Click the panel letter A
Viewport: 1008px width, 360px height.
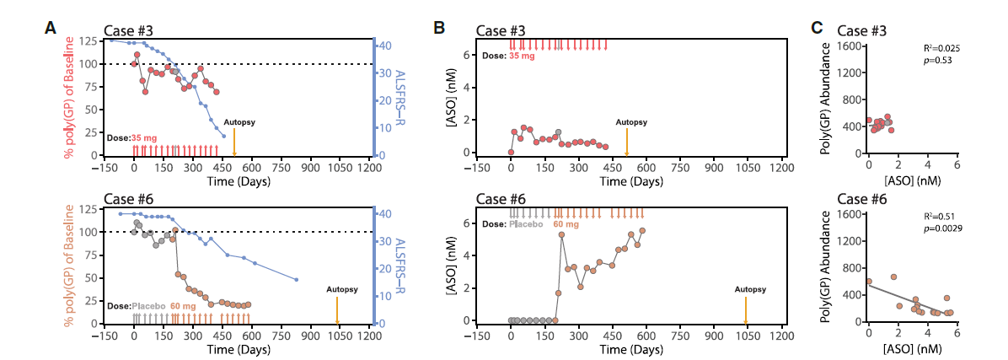pyautogui.click(x=51, y=28)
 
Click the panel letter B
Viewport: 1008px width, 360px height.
pyautogui.click(x=439, y=28)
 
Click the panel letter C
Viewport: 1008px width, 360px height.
pyautogui.click(x=817, y=28)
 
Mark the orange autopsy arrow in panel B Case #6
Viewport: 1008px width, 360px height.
pyautogui.click(x=745, y=308)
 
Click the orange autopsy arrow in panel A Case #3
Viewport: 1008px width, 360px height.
pyautogui.click(x=234, y=141)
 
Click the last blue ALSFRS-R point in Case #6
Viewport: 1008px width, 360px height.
pyautogui.click(x=297, y=280)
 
